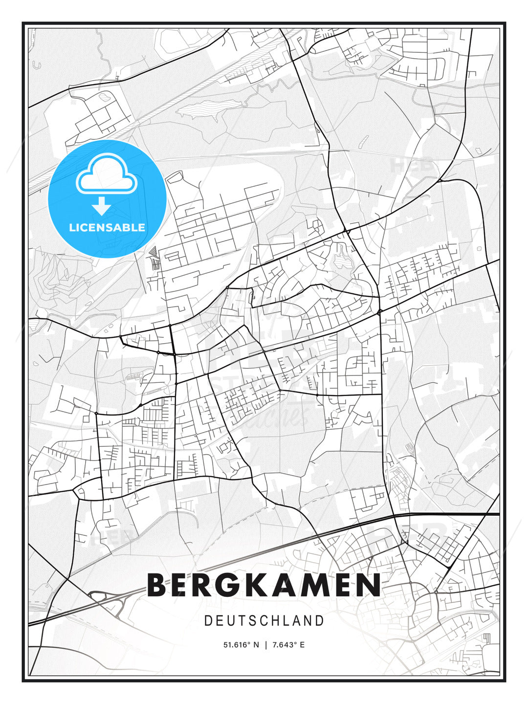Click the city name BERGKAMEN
click(264, 585)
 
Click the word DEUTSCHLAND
click(264, 621)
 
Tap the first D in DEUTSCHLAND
click(208, 621)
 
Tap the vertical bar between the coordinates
click(265, 645)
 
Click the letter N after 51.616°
click(256, 645)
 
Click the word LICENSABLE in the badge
click(107, 227)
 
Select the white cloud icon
click(106, 175)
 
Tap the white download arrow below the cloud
click(102, 206)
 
